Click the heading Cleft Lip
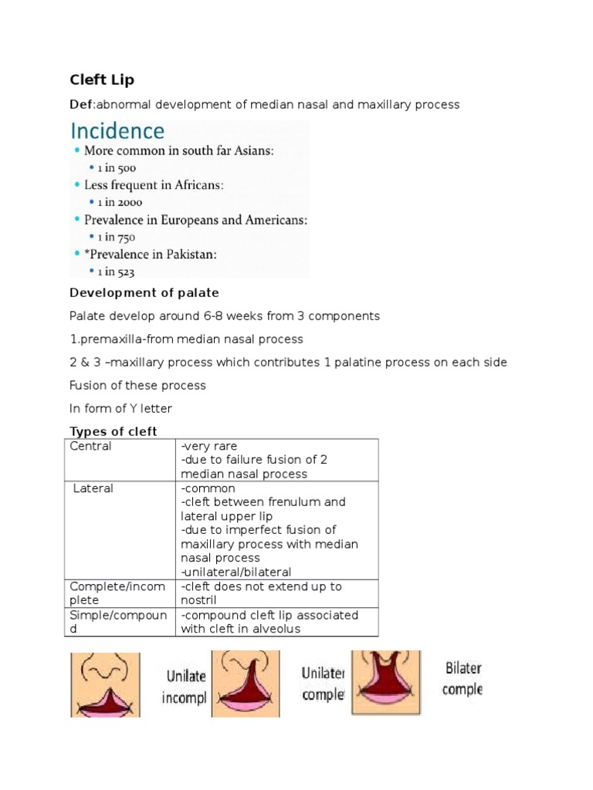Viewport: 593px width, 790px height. (102, 79)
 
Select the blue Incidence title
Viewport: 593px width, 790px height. (117, 130)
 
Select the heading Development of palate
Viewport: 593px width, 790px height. (144, 293)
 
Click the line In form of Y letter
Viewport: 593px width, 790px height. (122, 409)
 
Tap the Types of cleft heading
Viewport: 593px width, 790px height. (114, 431)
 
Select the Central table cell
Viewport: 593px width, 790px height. (91, 446)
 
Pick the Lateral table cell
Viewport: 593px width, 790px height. (93, 488)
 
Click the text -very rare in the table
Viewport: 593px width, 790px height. (209, 446)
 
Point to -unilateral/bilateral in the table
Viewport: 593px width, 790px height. (236, 572)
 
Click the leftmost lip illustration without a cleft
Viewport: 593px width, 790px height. (105, 684)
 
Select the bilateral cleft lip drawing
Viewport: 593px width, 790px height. (386, 682)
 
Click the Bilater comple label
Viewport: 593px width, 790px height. (463, 678)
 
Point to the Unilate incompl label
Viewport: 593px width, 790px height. (184, 687)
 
